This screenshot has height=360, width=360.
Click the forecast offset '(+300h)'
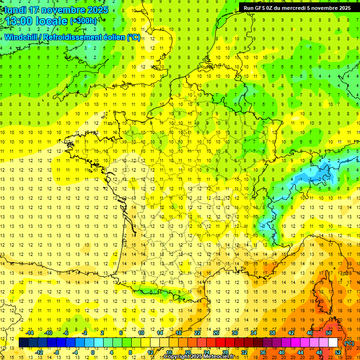coord(83,21)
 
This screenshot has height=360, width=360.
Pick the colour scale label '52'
coord(338,352)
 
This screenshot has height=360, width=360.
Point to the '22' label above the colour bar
coord(197,333)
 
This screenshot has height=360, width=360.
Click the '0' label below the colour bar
coord(92,352)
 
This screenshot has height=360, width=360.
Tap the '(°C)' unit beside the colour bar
coord(349,343)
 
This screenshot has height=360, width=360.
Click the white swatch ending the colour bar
coord(333,343)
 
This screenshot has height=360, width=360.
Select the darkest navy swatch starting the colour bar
coord(23,343)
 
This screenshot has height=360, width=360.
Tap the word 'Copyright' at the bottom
coord(178,357)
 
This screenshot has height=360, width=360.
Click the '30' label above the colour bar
coord(235,333)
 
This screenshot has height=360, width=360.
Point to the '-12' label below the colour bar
coord(39,352)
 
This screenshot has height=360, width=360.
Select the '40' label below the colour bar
coord(282,352)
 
